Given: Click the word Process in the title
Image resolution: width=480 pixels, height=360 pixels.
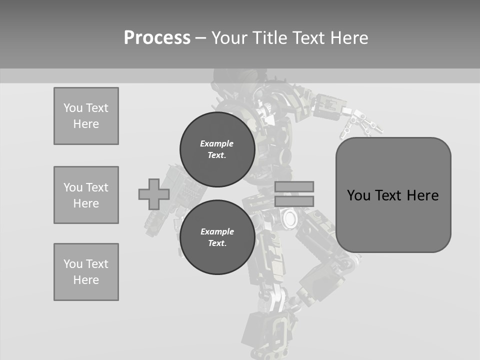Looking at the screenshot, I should [x=157, y=38].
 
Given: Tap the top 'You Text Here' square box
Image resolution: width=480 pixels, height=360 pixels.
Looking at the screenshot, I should [x=86, y=116].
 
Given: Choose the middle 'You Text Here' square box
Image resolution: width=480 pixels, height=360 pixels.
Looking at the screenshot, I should [x=86, y=195].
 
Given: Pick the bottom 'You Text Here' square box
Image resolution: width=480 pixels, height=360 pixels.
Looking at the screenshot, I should [x=86, y=272].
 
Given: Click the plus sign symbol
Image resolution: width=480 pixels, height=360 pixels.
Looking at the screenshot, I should [x=154, y=194].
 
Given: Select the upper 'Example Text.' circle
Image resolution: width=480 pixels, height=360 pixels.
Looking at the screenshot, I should [x=217, y=149].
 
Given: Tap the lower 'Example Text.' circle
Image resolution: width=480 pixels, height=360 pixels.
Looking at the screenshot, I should [x=217, y=237].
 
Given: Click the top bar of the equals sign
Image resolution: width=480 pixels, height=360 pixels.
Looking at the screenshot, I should [x=294, y=186].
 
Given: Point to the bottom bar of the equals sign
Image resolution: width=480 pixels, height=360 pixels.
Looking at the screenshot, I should [x=294, y=201].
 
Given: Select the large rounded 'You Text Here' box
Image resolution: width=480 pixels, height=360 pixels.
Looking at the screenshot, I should [x=393, y=195].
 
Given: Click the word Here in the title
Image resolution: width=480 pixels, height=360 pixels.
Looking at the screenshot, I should [x=349, y=38].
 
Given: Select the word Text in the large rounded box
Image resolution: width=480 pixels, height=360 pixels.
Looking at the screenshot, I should [x=389, y=195].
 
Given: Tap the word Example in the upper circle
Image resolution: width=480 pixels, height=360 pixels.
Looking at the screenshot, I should [x=216, y=143].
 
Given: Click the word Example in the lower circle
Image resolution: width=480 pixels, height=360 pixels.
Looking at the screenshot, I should [x=217, y=231].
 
